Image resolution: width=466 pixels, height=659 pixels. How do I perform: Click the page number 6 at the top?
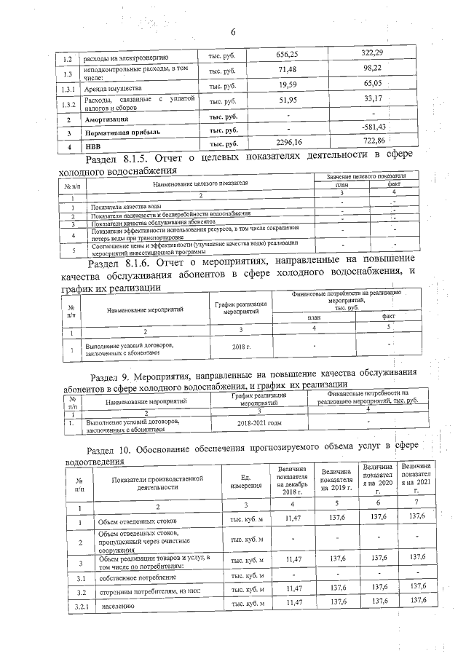pos(234,33)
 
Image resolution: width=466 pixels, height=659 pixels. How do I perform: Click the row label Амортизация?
pos(107,119)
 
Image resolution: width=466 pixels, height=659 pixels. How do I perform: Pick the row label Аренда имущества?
pos(111,87)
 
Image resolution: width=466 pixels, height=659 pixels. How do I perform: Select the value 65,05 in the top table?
pos(376,84)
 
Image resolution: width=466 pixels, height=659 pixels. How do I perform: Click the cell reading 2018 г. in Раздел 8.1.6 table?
pos(239,347)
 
